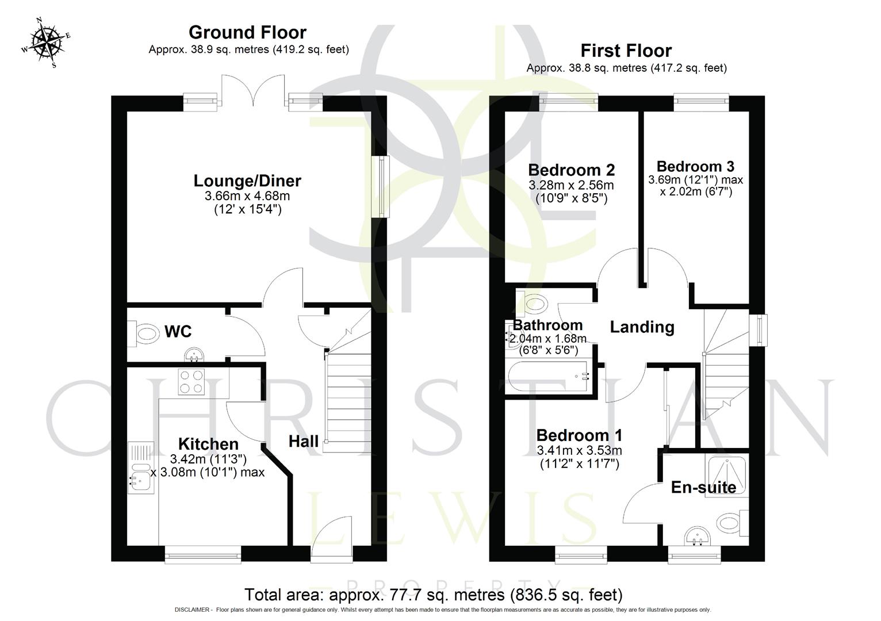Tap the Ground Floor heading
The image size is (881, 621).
pyautogui.click(x=247, y=32)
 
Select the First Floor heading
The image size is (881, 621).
pyautogui.click(x=626, y=51)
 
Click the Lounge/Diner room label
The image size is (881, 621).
pyautogui.click(x=247, y=181)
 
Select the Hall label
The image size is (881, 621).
pyautogui.click(x=304, y=442)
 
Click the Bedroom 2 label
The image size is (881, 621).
pyautogui.click(x=571, y=170)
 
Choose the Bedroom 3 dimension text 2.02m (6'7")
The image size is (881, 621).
pyautogui.click(x=696, y=191)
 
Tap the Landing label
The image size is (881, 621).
pyautogui.click(x=642, y=327)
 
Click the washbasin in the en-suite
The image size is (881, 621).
pyautogui.click(x=698, y=537)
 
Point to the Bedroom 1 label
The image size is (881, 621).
pyautogui.click(x=579, y=435)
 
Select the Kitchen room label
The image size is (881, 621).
pyautogui.click(x=208, y=444)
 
